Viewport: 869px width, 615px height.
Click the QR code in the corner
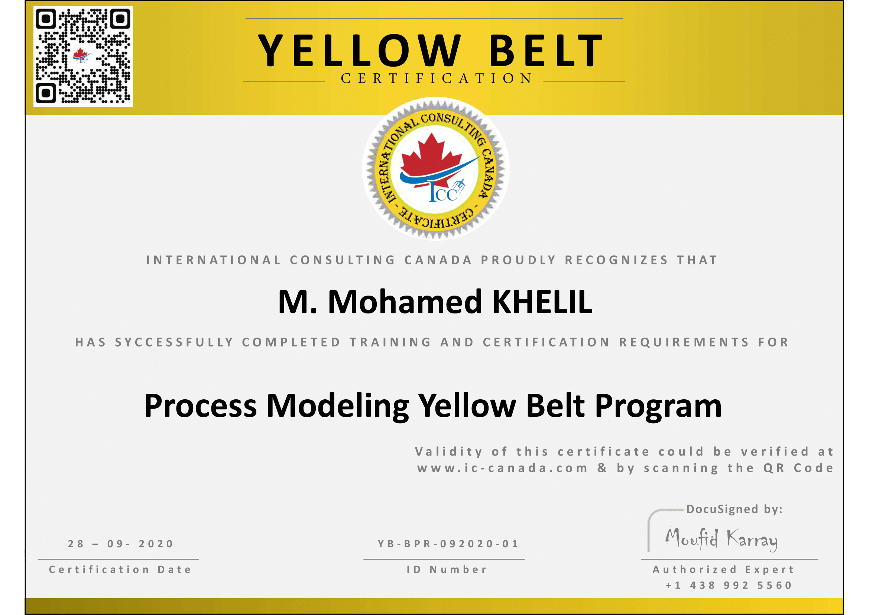(x=83, y=57)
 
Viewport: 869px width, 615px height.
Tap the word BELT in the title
(x=546, y=51)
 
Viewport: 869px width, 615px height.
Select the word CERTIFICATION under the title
(x=437, y=78)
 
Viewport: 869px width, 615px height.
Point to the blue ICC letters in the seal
(x=443, y=193)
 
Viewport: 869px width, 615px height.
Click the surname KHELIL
(x=542, y=302)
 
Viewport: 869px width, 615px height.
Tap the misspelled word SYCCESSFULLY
(x=175, y=342)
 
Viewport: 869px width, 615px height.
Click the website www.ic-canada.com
(x=503, y=469)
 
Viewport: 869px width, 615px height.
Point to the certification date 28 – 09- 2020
(x=121, y=544)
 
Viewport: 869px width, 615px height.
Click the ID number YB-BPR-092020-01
(x=448, y=544)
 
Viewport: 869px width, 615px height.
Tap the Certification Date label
(x=120, y=570)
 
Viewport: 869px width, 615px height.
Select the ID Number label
(x=447, y=570)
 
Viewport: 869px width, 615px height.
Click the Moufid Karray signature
(x=722, y=539)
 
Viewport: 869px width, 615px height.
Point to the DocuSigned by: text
(x=734, y=509)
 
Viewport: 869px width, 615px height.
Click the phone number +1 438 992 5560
(x=729, y=586)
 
